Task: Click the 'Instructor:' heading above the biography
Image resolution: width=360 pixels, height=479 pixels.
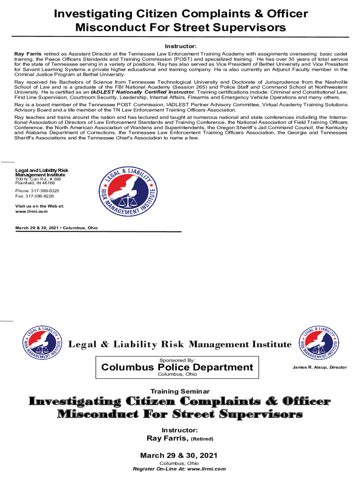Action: coord(180,46)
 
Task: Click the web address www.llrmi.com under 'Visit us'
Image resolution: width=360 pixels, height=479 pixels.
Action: coord(31,211)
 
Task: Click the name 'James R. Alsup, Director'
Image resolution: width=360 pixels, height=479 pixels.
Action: coord(320,367)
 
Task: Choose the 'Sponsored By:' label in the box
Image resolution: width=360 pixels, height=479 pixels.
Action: coord(177,360)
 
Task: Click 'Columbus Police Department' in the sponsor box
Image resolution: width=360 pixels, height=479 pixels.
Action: coord(177,367)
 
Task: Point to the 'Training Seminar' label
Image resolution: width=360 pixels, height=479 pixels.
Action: coord(180,391)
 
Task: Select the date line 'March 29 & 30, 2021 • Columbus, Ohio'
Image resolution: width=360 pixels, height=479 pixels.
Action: coord(57,227)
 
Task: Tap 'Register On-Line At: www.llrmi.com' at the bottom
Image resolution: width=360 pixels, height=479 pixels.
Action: coord(180,469)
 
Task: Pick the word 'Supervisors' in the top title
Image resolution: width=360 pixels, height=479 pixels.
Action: coord(246,27)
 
